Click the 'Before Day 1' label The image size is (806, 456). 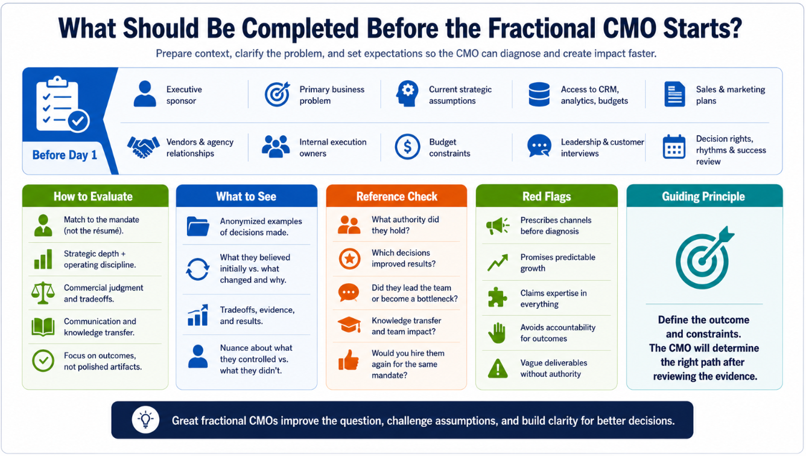coord(65,155)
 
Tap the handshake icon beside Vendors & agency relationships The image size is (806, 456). coord(143,147)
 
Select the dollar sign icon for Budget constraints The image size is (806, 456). coord(407,147)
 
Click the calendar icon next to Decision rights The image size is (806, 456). coord(674,147)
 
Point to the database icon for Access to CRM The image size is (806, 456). coord(539,94)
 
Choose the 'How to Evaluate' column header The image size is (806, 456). coord(93,196)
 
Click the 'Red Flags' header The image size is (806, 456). coord(547,196)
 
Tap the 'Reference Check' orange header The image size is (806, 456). coord(396,196)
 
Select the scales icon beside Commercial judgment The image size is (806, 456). coord(43,293)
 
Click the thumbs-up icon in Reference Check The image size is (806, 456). coord(349,360)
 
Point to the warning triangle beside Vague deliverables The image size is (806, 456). coord(498,368)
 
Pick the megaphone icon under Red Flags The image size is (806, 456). coord(498,226)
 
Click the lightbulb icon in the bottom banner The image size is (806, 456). coord(145,420)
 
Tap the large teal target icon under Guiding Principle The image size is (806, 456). coord(704,258)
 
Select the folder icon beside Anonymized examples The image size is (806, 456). coord(198,226)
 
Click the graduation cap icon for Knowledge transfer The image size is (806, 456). coord(349,325)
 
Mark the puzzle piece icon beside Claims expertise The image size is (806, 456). coord(497,297)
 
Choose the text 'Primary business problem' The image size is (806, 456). coord(332,95)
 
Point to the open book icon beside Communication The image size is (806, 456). coord(43,327)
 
